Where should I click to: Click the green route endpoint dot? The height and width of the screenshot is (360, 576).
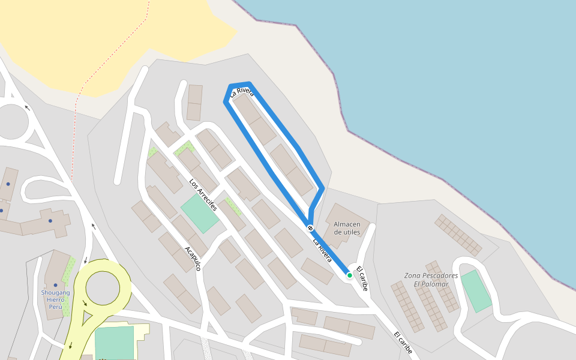pyautogui.click(x=349, y=275)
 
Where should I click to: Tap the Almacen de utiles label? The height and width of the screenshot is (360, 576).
pyautogui.click(x=347, y=228)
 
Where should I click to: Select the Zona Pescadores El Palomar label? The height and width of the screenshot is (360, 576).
pyautogui.click(x=431, y=280)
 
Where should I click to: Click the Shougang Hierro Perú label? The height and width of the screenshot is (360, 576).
pyautogui.click(x=56, y=299)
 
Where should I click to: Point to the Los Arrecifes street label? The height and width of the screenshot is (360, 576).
pyautogui.click(x=203, y=194)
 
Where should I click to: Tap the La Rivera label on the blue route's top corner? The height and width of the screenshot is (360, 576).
pyautogui.click(x=242, y=92)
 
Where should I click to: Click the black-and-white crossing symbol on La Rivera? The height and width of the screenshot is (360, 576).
pyautogui.click(x=310, y=228)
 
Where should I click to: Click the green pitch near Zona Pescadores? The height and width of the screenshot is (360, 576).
pyautogui.click(x=476, y=291)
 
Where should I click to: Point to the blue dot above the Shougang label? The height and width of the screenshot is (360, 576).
pyautogui.click(x=55, y=285)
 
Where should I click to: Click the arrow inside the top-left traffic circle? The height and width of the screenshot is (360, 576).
pyautogui.click(x=26, y=108)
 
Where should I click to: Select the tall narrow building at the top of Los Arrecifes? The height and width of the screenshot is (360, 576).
pyautogui.click(x=194, y=103)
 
